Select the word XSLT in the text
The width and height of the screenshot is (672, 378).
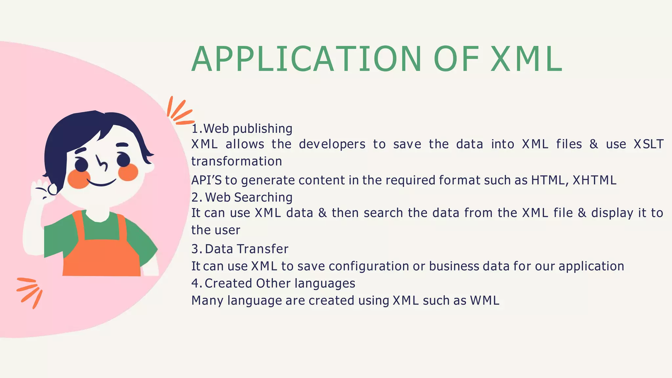(648, 144)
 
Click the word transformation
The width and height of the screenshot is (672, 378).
(237, 161)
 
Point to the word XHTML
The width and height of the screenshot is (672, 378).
(594, 180)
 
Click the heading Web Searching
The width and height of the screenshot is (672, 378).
(248, 198)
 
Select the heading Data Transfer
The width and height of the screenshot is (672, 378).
(246, 249)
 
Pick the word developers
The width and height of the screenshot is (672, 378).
(332, 144)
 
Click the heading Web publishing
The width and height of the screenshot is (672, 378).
(248, 129)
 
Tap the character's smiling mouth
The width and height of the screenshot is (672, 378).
(102, 182)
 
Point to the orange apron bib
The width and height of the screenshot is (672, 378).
(102, 256)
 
